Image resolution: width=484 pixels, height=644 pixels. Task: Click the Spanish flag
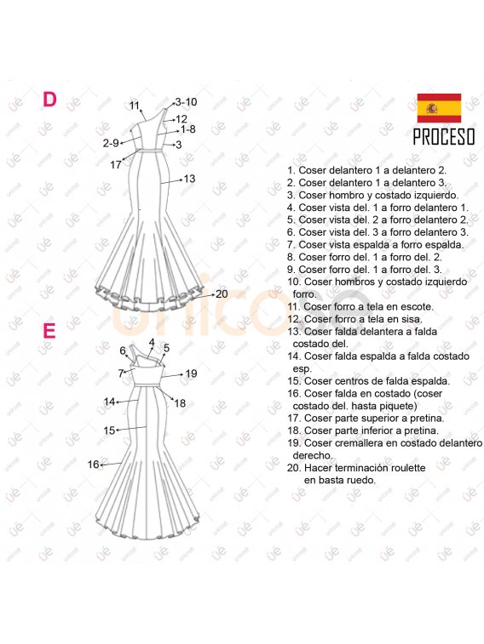[439, 108]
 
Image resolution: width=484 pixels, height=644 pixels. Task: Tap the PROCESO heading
[444, 137]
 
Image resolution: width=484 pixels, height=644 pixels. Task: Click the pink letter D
[49, 99]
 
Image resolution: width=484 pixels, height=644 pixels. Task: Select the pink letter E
[49, 331]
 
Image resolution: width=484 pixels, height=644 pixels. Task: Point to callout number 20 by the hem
[222, 294]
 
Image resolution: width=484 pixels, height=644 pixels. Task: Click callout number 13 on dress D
[189, 179]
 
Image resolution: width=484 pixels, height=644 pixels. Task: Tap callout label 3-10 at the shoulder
[186, 102]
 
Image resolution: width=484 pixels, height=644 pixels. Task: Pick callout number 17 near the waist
[116, 165]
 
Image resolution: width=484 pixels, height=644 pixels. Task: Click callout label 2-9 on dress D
[111, 143]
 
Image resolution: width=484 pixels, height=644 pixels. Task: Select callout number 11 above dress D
[135, 105]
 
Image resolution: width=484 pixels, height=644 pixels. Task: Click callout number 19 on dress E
[191, 373]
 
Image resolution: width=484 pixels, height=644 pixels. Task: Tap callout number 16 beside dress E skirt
[94, 464]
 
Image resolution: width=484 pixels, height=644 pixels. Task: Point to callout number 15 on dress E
[109, 430]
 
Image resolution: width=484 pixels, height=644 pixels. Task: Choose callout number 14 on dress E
[109, 402]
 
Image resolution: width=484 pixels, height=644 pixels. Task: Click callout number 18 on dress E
[180, 403]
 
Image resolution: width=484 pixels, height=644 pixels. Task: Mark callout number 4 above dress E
[152, 343]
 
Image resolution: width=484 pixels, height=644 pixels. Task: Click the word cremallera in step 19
[364, 443]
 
